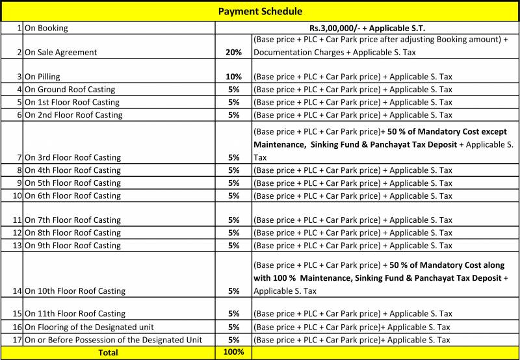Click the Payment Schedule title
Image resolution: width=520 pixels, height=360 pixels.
point(260,11)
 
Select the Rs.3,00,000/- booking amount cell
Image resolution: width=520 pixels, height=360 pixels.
point(367,28)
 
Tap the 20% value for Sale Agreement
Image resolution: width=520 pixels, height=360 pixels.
point(234,52)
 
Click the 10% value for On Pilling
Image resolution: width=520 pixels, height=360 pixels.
point(234,77)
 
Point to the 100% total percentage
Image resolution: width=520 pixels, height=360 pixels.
point(233,352)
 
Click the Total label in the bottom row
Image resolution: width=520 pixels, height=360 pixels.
point(109,353)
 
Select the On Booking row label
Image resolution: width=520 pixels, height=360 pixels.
point(46,29)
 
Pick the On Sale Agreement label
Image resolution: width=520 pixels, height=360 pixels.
point(60,52)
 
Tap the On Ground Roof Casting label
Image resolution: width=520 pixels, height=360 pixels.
point(70,90)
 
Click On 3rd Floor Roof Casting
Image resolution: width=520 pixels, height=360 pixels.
point(73,158)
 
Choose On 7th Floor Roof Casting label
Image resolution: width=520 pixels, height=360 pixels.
point(73,220)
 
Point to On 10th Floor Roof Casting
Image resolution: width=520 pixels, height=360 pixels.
point(75,291)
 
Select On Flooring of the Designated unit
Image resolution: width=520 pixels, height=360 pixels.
point(89,328)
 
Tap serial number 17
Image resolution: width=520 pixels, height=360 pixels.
point(18,340)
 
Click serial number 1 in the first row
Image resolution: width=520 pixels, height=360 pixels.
point(20,29)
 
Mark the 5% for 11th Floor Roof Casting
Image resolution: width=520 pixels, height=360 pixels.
point(234,314)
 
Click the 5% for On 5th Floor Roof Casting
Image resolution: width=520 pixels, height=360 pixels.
point(234,183)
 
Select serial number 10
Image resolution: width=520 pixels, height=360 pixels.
point(18,196)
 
